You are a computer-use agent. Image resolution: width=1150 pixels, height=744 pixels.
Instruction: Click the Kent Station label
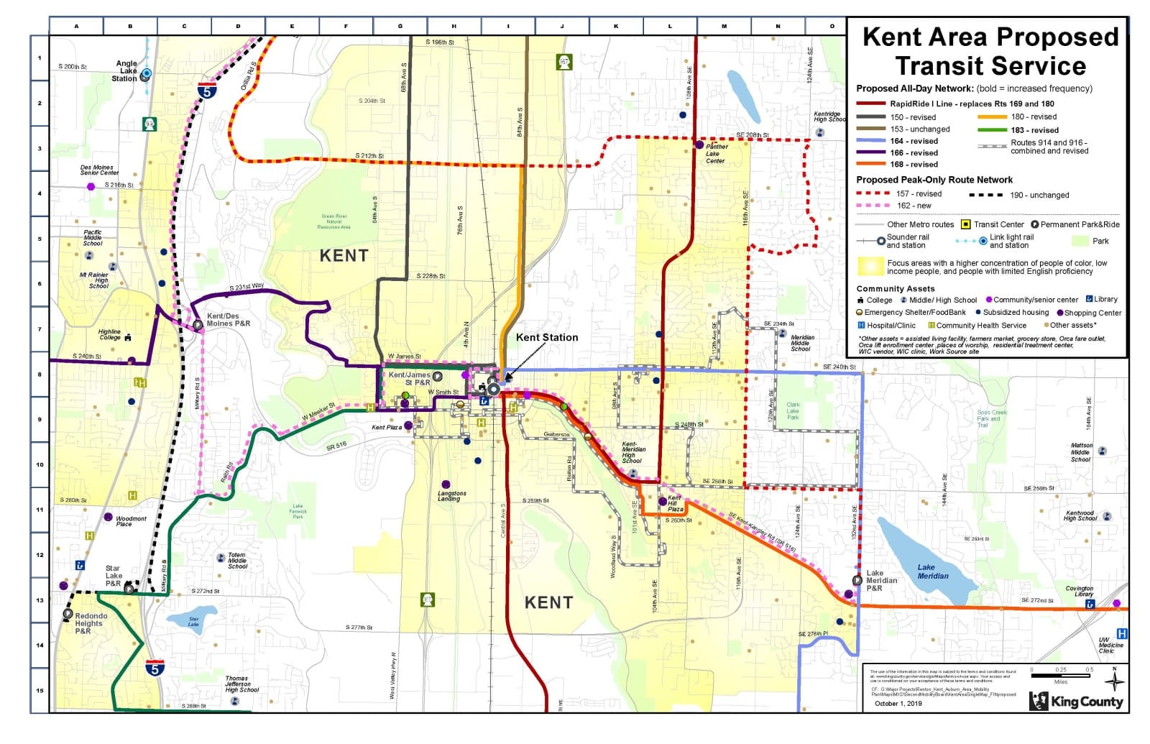click(546, 337)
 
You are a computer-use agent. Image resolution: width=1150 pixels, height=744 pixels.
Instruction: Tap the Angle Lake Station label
click(126, 71)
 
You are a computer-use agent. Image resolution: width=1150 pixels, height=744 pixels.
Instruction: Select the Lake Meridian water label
click(932, 571)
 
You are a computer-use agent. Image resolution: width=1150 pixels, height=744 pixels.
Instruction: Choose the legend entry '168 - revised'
click(914, 165)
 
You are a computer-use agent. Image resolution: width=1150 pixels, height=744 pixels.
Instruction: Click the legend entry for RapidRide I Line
click(972, 104)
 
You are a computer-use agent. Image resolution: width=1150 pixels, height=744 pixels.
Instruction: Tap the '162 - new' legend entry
click(914, 206)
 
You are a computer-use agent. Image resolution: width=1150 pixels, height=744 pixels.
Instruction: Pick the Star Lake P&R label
click(114, 576)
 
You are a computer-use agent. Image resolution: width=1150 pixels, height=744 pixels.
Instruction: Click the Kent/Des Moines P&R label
click(228, 320)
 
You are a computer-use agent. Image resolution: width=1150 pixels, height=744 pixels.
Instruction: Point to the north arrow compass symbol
click(1114, 679)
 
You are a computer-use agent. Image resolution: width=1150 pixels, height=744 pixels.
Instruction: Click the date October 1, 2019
click(898, 704)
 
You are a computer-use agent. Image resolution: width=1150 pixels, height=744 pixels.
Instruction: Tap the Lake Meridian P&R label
click(880, 580)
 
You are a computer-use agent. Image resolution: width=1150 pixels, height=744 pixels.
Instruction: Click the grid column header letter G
click(400, 27)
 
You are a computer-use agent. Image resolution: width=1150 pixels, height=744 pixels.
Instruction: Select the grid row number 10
click(40, 464)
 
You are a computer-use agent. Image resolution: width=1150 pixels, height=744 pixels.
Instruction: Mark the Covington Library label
click(1079, 591)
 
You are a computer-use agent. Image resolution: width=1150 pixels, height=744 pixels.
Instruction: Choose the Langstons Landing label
click(451, 496)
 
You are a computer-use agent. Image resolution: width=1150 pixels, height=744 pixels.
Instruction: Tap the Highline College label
click(110, 335)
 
